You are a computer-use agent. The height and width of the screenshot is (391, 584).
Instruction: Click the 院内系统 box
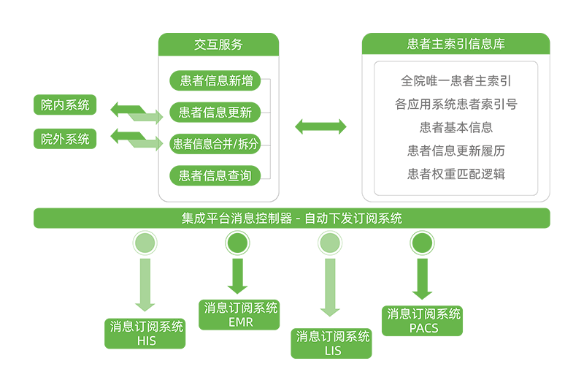tap(65, 105)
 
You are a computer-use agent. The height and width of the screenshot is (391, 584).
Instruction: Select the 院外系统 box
tap(65, 138)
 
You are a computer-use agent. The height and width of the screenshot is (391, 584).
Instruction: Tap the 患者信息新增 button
tap(216, 80)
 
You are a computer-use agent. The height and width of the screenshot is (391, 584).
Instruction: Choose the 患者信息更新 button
tap(215, 113)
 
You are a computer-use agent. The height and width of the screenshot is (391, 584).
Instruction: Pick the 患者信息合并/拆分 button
tap(215, 144)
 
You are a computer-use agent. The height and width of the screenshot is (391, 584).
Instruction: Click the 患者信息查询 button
tap(215, 175)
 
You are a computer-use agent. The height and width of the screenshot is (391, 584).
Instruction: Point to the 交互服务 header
tap(218, 45)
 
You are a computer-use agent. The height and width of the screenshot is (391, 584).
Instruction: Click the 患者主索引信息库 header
tap(456, 45)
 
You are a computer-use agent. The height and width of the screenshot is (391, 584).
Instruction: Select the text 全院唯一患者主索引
tap(456, 81)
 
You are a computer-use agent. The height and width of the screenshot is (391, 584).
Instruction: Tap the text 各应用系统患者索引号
tap(456, 105)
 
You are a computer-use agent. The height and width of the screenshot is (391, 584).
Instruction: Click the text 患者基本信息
tap(456, 128)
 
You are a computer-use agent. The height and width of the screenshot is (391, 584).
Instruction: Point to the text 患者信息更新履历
tap(456, 151)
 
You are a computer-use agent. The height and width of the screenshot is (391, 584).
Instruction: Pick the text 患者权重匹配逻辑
tap(456, 175)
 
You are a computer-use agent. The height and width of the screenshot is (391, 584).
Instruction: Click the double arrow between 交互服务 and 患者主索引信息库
tap(320, 127)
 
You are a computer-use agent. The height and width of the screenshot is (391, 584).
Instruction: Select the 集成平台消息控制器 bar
tap(291, 218)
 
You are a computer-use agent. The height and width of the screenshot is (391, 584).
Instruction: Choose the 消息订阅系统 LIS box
tap(332, 343)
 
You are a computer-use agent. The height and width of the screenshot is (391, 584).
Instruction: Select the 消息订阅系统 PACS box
tap(423, 321)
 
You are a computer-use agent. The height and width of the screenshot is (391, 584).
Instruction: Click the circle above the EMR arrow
tap(237, 243)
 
